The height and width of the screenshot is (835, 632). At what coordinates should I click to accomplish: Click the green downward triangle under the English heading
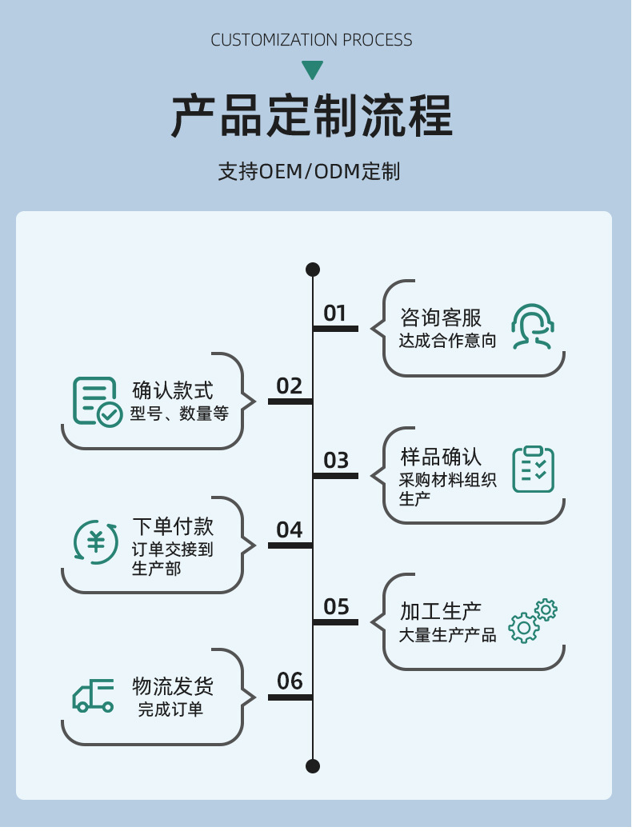coord(312,70)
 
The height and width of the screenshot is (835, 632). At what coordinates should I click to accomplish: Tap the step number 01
coord(335,314)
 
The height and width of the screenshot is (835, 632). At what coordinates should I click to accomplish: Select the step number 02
coord(290,387)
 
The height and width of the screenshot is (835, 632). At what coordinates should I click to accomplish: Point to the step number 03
coord(336,461)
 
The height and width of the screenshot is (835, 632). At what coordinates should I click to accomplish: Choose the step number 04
coord(290,530)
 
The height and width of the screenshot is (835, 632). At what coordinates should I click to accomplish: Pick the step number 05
coord(336,607)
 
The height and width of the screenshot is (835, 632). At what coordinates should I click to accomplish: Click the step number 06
coord(290,681)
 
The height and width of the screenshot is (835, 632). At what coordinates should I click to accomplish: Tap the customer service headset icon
coord(533,326)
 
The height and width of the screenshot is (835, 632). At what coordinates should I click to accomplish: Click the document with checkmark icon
coord(97,401)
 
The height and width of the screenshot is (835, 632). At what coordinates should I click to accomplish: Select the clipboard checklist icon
coord(533,469)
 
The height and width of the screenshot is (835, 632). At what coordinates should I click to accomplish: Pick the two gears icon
coord(533,621)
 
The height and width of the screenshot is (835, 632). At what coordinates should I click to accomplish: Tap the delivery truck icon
coord(94,696)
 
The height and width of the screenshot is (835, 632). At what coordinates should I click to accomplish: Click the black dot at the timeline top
coord(313,270)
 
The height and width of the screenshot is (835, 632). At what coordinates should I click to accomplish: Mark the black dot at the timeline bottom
coord(313,766)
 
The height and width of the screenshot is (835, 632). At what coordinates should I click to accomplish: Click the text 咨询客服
coord(441,318)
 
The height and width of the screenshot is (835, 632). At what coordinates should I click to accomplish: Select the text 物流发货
coord(173,686)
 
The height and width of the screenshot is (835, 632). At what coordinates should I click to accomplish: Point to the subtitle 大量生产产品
coord(448,636)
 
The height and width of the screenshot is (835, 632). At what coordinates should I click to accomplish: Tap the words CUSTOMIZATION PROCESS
coord(312,40)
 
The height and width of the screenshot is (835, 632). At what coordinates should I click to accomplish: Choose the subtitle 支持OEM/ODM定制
coord(309,172)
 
